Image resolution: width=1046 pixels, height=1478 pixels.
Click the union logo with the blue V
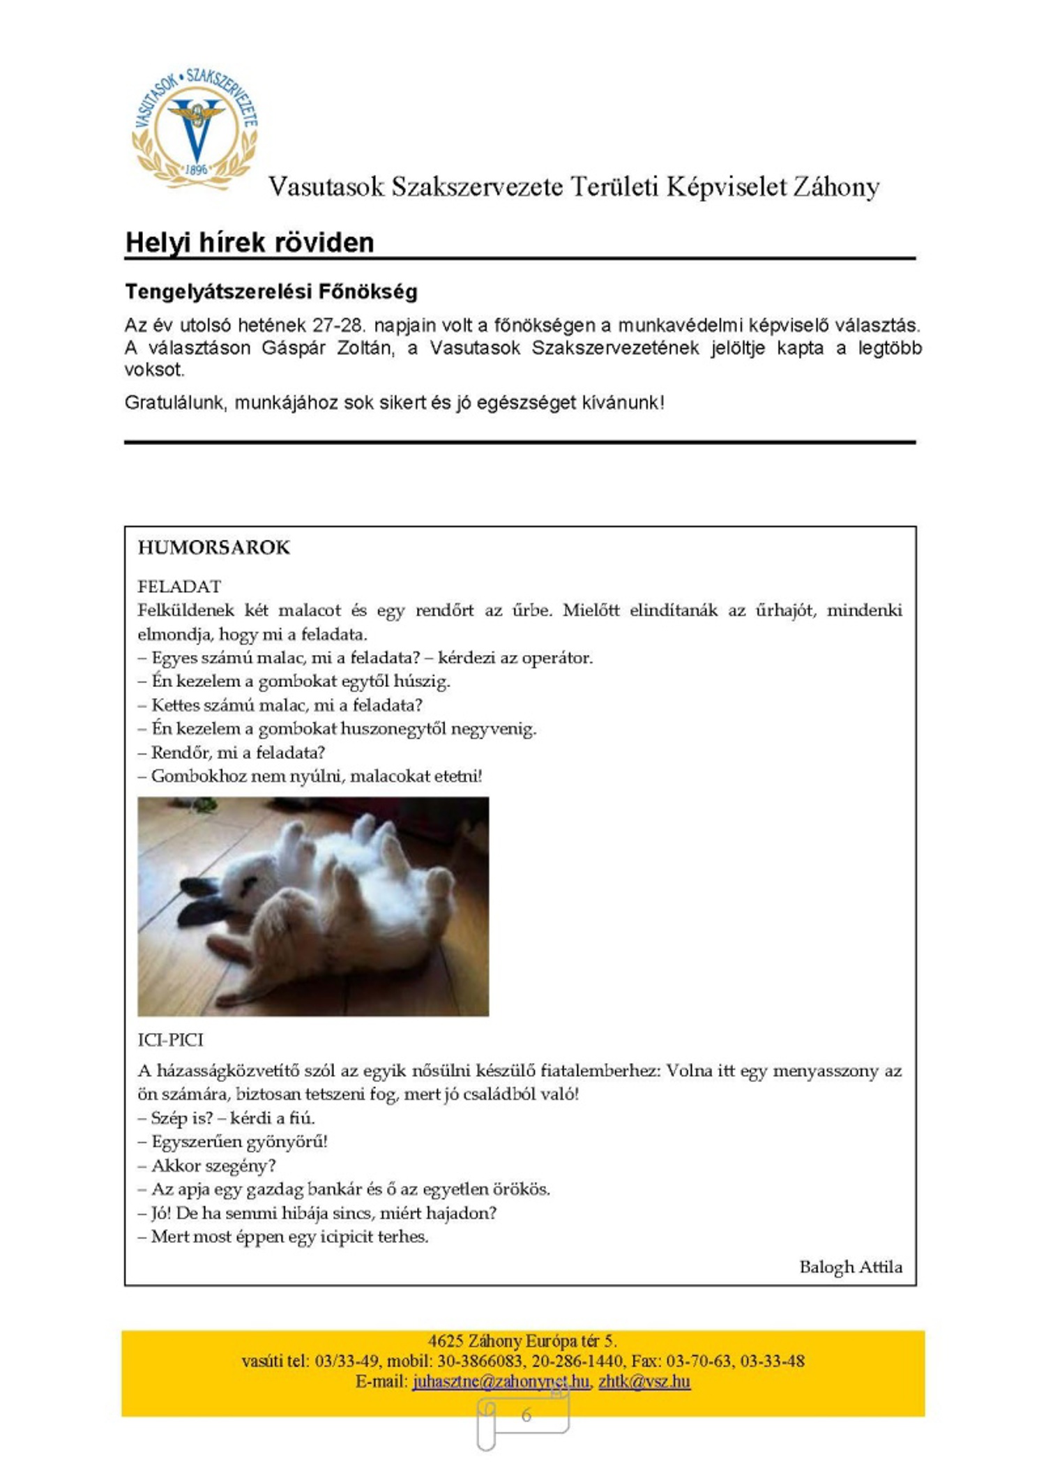tap(195, 130)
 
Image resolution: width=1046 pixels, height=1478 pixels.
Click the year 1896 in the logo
tap(197, 169)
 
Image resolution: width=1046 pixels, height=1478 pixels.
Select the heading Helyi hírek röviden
tap(250, 242)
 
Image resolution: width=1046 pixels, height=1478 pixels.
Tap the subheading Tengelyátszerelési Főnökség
tap(271, 291)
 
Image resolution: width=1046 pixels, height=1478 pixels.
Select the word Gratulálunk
tap(175, 402)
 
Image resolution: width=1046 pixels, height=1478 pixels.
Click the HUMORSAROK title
tap(213, 548)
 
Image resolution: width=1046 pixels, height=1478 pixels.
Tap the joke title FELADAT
tap(179, 586)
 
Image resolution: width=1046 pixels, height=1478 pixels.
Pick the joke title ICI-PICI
tap(171, 1040)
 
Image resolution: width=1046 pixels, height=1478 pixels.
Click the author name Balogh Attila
tap(850, 1267)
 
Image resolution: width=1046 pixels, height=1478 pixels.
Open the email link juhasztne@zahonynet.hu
tap(500, 1381)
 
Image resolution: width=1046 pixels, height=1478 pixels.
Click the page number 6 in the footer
tap(526, 1415)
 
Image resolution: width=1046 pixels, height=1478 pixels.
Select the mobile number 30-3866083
tap(480, 1361)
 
